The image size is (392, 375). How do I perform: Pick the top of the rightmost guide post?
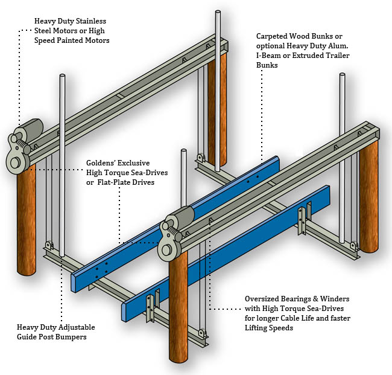(344, 77)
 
